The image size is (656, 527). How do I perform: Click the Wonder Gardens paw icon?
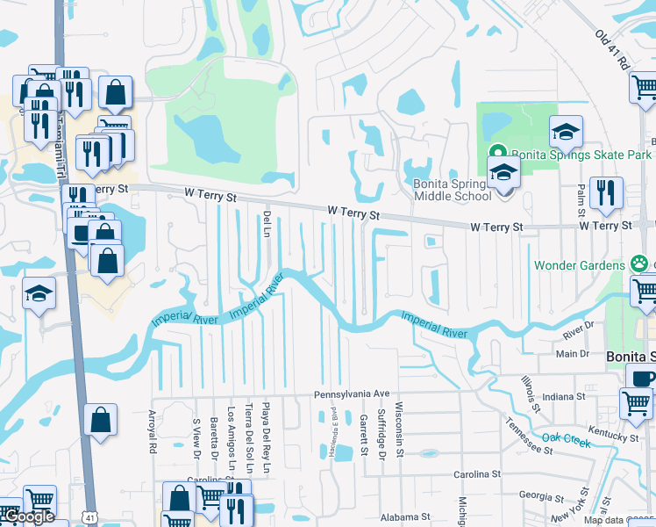tap(642, 264)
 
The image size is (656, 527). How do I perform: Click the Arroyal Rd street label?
tap(152, 430)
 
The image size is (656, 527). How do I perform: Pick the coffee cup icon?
tap(641, 378)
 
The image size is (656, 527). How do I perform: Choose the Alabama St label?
tap(402, 517)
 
